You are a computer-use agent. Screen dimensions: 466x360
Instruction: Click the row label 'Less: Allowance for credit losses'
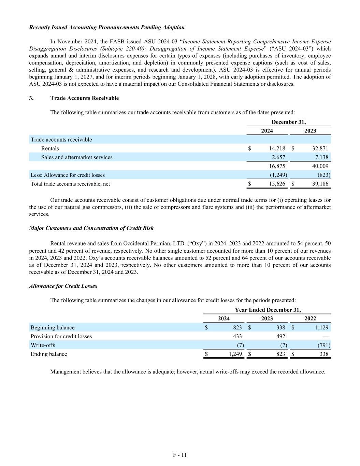pyautogui.click(x=68, y=175)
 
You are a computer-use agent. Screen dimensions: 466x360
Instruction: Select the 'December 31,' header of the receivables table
pyautogui.click(x=289, y=122)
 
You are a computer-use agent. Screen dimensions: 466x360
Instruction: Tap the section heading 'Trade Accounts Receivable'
pyautogui.click(x=85, y=98)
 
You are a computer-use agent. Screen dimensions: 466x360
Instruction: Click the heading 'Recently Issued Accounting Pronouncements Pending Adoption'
pyautogui.click(x=107, y=27)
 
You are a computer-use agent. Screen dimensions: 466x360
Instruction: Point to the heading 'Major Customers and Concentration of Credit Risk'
pyautogui.click(x=91, y=228)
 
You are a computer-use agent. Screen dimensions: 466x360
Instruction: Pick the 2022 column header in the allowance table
pyautogui.click(x=310, y=319)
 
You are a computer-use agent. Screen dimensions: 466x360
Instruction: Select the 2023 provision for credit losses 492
pyautogui.click(x=280, y=336)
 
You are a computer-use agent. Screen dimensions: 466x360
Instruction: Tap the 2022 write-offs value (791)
pyautogui.click(x=322, y=345)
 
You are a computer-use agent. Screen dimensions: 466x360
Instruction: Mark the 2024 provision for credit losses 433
pyautogui.click(x=237, y=336)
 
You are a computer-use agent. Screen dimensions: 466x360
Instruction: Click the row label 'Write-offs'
pyautogui.click(x=43, y=345)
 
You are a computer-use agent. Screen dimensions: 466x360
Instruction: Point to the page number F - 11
pyautogui.click(x=180, y=455)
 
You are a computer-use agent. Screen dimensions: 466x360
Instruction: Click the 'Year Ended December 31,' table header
pyautogui.click(x=268, y=310)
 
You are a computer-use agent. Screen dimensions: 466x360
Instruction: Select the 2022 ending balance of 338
pyautogui.click(x=324, y=354)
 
